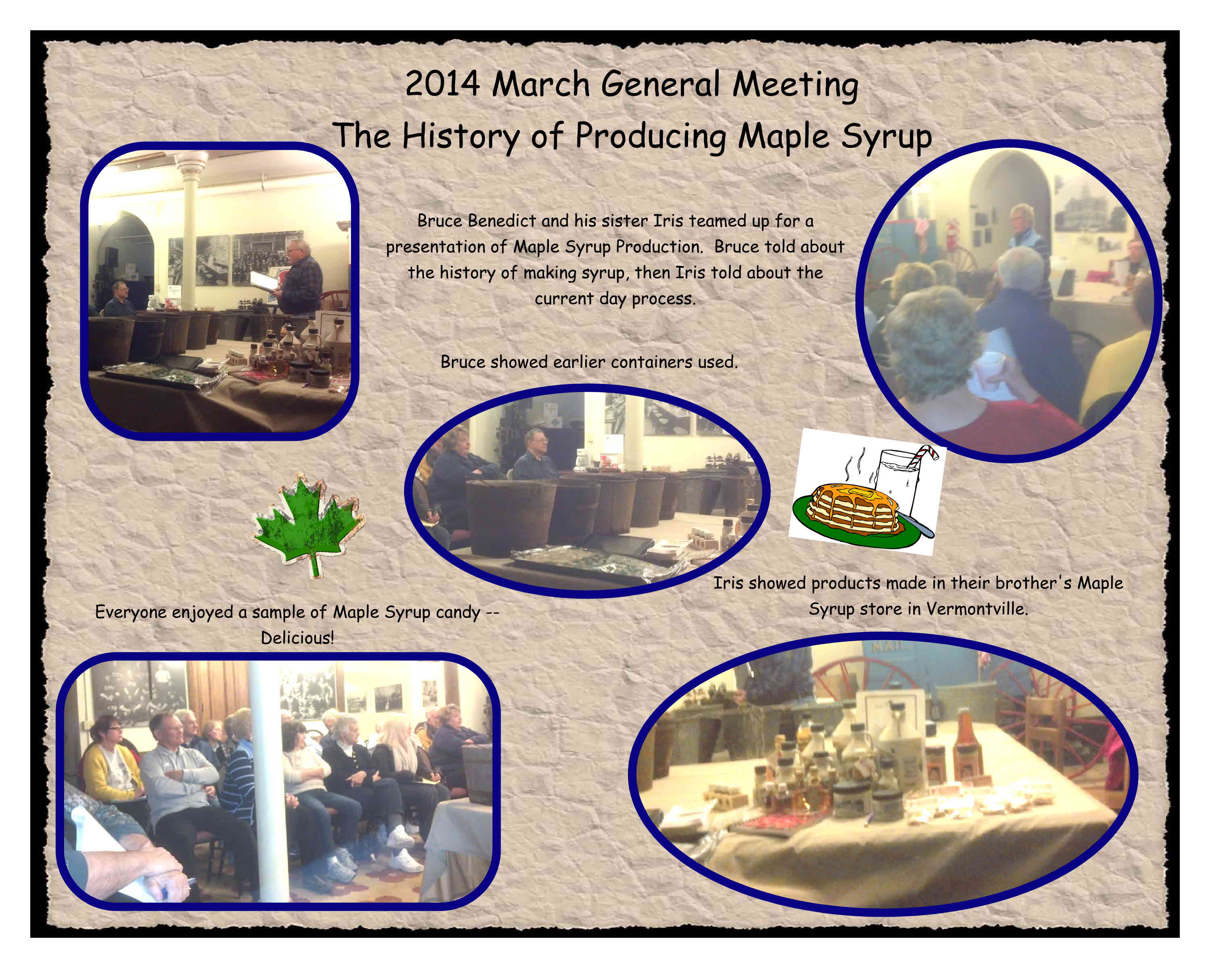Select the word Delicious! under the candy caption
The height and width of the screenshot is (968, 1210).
pos(297,638)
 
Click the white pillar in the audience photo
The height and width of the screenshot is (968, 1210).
pos(268,780)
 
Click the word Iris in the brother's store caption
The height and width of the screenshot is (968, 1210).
pos(727,583)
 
